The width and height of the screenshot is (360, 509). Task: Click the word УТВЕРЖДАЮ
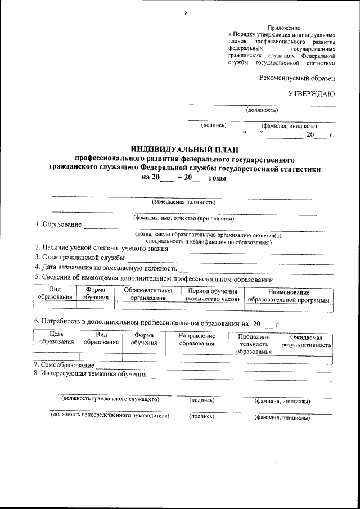click(x=312, y=94)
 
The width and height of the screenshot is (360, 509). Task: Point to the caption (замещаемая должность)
click(x=184, y=202)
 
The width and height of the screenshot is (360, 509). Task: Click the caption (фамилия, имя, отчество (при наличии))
click(x=183, y=218)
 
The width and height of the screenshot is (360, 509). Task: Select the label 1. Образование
click(x=57, y=225)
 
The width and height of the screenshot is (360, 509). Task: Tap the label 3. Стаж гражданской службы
click(x=79, y=258)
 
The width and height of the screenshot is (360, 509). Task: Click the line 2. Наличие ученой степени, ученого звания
click(x=101, y=247)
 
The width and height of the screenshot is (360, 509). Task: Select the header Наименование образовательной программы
click(x=289, y=296)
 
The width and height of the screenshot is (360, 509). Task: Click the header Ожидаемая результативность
click(x=306, y=341)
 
